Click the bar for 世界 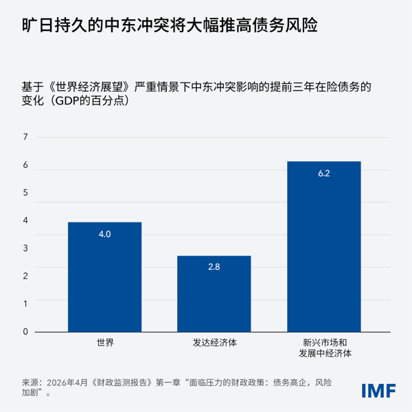coord(104,277)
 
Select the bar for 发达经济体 coord(214,294)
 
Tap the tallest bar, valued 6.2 coord(323,247)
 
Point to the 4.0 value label coord(104,235)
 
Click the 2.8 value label coord(214,266)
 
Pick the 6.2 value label coord(323,174)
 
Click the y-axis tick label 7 coord(25,137)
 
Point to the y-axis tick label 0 coord(25,332)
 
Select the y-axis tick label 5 coord(25,193)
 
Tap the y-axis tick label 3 coord(25,249)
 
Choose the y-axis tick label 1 coord(25,304)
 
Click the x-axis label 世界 coord(104,342)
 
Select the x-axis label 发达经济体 coord(214,342)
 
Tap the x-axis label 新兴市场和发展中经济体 coord(323,347)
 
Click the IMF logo coord(378,390)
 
